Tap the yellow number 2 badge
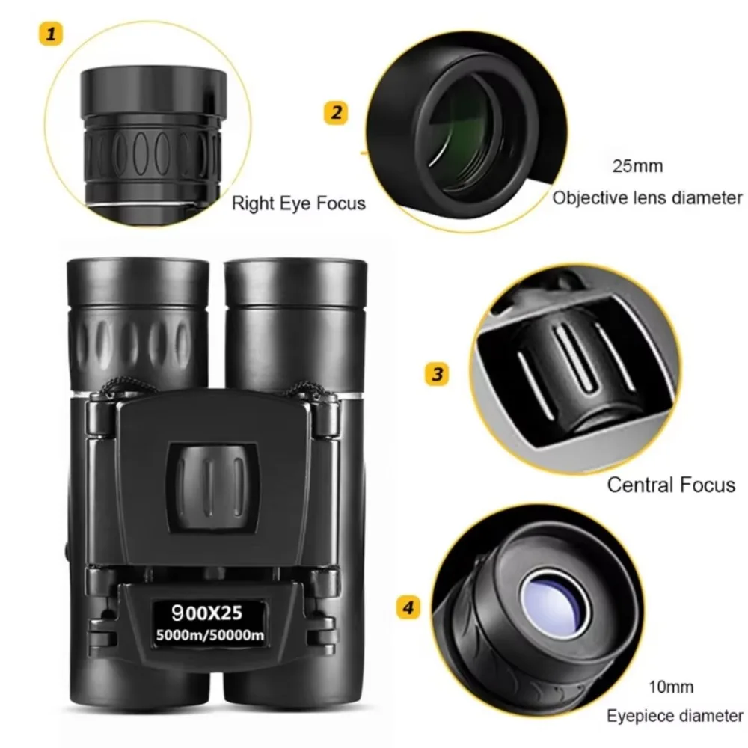[336, 113]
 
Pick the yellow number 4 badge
[407, 608]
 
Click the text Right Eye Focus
[298, 203]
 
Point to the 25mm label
[637, 165]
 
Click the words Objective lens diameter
[647, 198]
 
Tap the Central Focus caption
[671, 485]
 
